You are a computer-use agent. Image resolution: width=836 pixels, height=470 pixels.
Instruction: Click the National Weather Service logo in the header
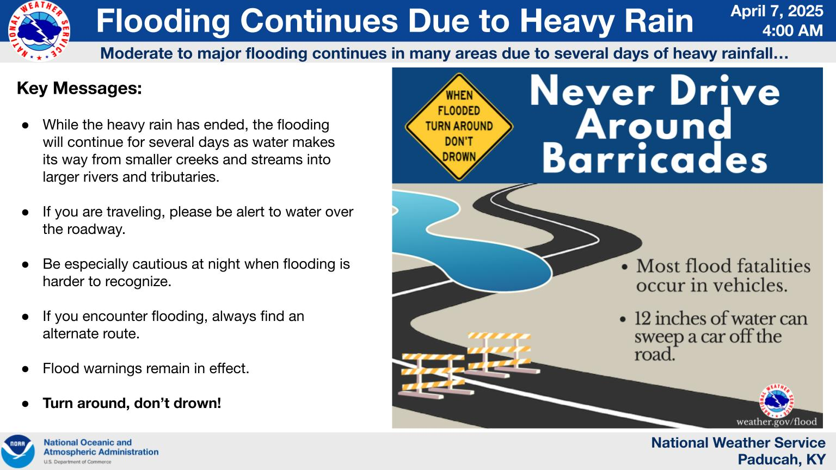pyautogui.click(x=39, y=31)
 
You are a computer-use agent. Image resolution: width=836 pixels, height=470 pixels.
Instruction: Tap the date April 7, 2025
pyautogui.click(x=777, y=11)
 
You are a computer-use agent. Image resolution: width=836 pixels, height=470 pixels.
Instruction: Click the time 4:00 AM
pyautogui.click(x=792, y=30)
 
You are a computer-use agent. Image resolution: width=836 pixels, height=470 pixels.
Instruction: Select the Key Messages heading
pyautogui.click(x=79, y=89)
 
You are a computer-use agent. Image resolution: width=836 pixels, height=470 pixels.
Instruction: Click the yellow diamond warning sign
pyautogui.click(x=459, y=126)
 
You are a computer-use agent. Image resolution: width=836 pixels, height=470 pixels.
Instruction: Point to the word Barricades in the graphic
pyautogui.click(x=654, y=158)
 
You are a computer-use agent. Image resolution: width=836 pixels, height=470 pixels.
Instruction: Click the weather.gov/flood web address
pyautogui.click(x=776, y=422)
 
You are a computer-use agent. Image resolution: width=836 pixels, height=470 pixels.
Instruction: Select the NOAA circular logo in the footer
pyautogui.click(x=18, y=451)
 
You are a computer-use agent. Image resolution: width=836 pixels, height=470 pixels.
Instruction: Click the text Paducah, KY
pyautogui.click(x=782, y=460)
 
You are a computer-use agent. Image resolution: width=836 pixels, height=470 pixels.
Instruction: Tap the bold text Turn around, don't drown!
pyautogui.click(x=132, y=403)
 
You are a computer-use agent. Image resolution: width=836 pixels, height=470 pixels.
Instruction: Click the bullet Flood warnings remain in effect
pyautogui.click(x=145, y=368)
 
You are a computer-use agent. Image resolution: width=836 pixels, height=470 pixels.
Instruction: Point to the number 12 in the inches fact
pyautogui.click(x=642, y=319)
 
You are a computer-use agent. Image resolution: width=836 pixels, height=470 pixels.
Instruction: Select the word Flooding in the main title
pyautogui.click(x=163, y=21)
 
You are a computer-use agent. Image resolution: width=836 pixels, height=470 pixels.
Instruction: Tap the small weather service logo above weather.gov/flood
pyautogui.click(x=777, y=400)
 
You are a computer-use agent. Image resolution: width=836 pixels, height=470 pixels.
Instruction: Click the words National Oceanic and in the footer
pyautogui.click(x=88, y=442)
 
